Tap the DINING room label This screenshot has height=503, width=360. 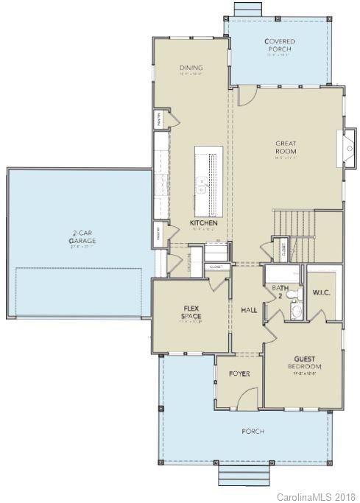tap(191, 69)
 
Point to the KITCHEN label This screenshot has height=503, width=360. tap(202, 222)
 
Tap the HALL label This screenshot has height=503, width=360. tap(248, 310)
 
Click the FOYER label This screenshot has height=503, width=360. tap(239, 374)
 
